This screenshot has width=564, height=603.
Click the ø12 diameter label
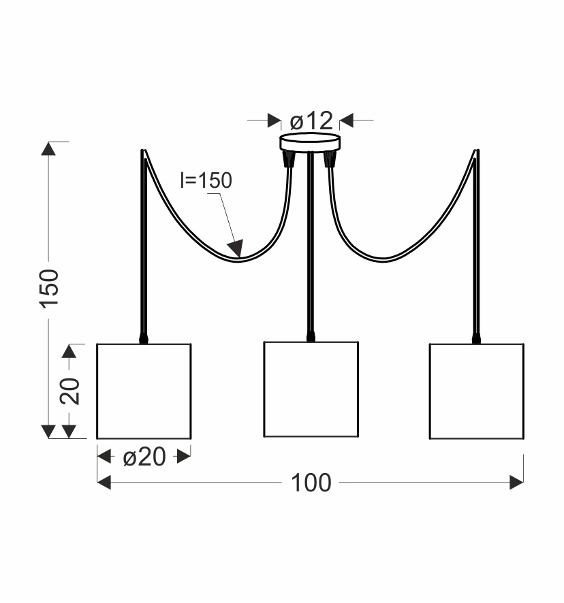[311, 120]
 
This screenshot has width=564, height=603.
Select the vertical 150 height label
[49, 289]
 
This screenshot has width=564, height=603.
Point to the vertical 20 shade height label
[70, 391]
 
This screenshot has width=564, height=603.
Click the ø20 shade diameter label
[144, 457]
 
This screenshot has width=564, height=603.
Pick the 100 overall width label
[311, 483]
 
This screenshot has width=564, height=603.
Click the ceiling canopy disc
[310, 142]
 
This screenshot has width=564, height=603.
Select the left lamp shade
[144, 391]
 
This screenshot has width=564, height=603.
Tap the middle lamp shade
[311, 389]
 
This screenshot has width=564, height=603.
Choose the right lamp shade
[477, 391]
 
